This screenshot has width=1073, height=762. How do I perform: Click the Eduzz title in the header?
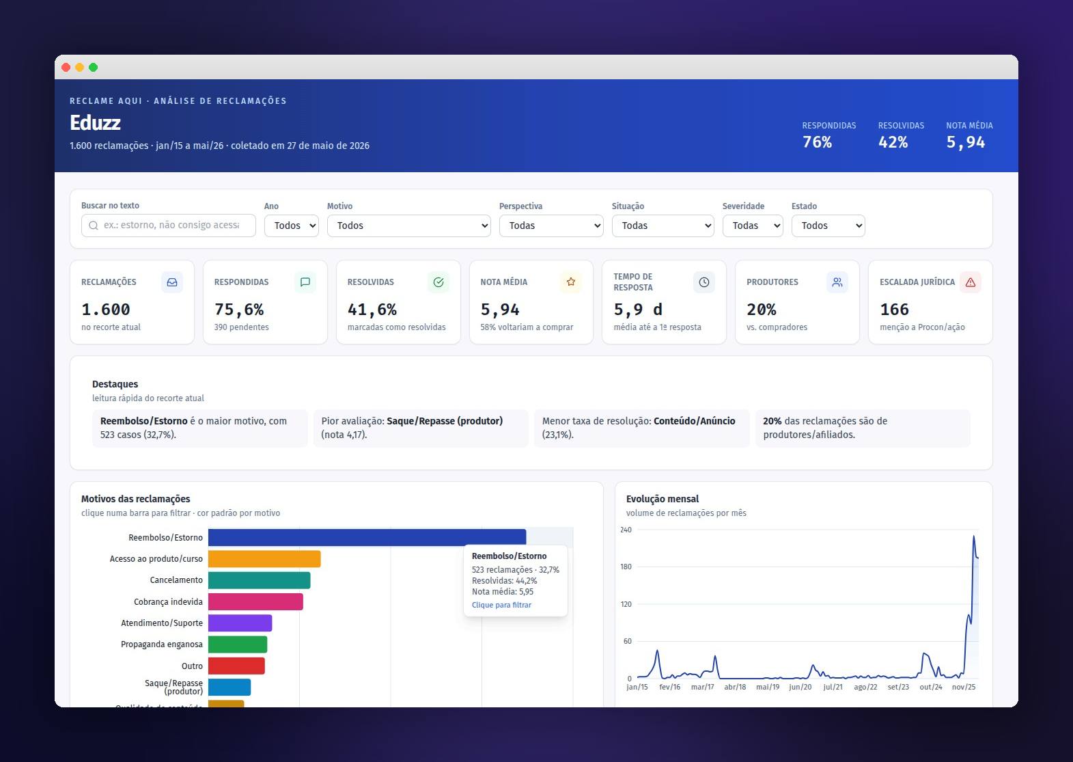pos(95,123)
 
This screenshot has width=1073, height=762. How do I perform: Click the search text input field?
pos(169,226)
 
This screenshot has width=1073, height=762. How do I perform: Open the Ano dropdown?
pos(291,226)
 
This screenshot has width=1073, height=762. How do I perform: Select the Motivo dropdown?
pos(408,226)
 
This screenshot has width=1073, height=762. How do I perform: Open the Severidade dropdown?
pos(753,226)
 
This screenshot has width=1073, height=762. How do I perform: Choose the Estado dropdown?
pos(828,226)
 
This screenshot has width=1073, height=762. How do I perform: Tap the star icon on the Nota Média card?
pos(570,282)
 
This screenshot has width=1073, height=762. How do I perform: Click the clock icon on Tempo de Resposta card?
pos(703,282)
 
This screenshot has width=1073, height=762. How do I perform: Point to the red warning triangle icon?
pos(971,282)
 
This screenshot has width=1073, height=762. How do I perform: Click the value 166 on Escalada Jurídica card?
pos(894,310)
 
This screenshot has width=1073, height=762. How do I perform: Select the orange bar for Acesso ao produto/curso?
pos(264,559)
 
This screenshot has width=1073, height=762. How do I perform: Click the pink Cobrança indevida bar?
pos(256,601)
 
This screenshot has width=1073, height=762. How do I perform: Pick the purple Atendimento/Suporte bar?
pos(240,623)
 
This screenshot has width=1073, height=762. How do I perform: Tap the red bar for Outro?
pos(236,666)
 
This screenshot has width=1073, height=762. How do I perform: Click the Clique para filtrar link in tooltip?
pos(501,605)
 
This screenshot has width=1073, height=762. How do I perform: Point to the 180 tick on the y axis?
pos(626,567)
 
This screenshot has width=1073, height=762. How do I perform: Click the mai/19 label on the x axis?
pos(768,687)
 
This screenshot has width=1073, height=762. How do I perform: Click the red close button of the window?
pos(66,67)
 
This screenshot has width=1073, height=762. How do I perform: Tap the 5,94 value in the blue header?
pos(965,142)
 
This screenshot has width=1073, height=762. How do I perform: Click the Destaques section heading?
pos(115,384)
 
